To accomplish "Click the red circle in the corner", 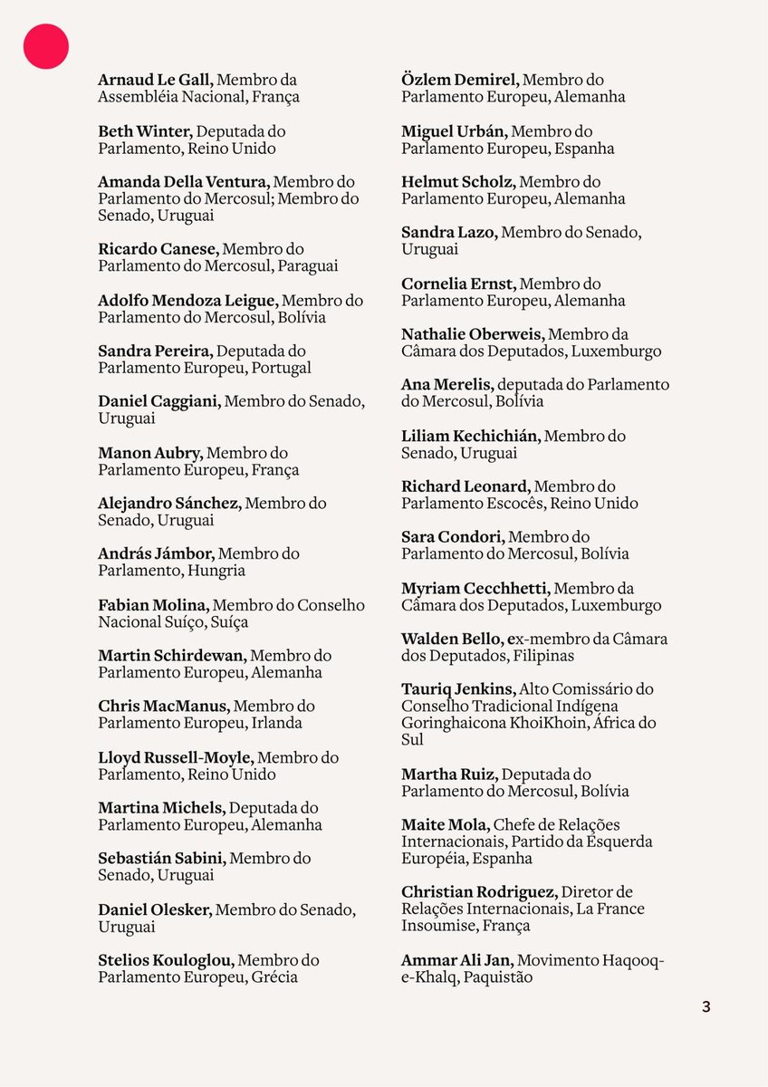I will (46, 46).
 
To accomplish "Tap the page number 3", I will (706, 1006).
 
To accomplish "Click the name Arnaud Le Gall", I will (155, 80).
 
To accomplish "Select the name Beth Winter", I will (145, 131).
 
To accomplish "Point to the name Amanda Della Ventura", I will (185, 182).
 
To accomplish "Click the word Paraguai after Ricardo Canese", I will (308, 266).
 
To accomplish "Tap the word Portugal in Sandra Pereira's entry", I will (282, 368).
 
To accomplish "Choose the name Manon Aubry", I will (150, 453).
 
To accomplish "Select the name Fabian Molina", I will (153, 605).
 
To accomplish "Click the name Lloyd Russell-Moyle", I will (175, 757).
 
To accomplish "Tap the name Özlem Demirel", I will (460, 80).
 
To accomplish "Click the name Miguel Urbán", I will (454, 131).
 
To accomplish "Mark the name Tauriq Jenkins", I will (458, 689).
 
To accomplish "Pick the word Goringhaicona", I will (452, 723).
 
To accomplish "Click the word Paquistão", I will (498, 977).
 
